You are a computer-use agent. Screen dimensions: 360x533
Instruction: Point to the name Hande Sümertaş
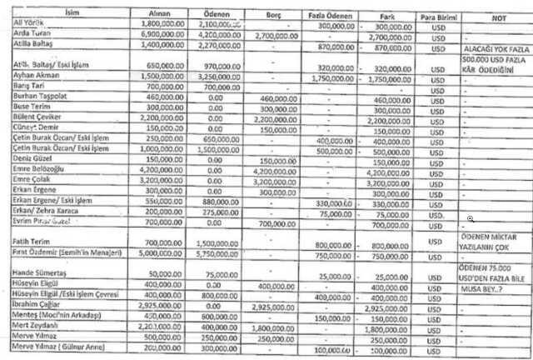click(37, 274)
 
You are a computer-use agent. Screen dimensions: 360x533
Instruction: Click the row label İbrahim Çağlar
click(36, 307)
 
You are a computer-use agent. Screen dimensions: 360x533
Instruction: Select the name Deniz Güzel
click(32, 161)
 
